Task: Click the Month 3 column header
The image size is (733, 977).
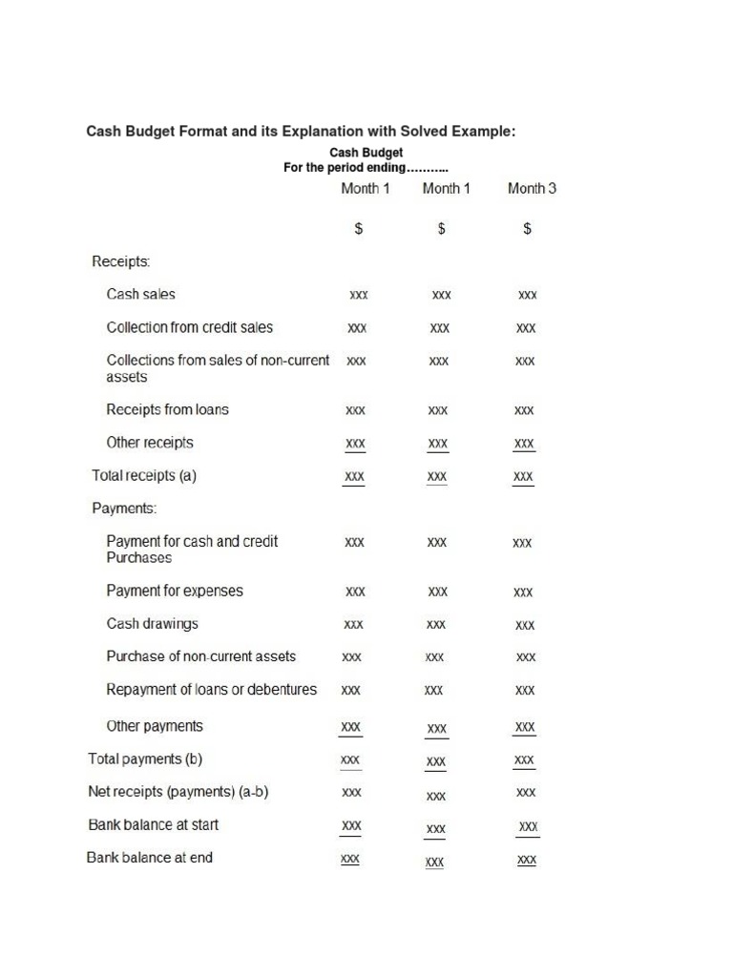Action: click(532, 188)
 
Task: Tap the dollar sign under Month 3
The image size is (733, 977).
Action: click(527, 229)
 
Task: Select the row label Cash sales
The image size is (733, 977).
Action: click(140, 295)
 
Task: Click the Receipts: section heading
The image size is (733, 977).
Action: click(120, 261)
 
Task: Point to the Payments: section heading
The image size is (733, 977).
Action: click(124, 509)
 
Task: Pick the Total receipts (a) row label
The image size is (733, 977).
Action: click(144, 475)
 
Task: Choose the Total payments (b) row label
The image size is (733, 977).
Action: click(145, 759)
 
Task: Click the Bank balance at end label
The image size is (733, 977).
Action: click(150, 858)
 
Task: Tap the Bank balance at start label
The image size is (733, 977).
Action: click(153, 824)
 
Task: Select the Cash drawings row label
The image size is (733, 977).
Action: click(152, 624)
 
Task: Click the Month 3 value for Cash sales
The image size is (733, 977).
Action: click(527, 296)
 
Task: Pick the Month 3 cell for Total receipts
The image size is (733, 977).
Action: click(523, 476)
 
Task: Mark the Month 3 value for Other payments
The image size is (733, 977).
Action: click(525, 727)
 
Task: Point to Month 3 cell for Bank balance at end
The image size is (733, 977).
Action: click(526, 860)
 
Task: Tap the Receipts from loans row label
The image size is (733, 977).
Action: click(167, 410)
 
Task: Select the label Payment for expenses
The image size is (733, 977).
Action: click(175, 591)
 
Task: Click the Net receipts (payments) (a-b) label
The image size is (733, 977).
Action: click(178, 792)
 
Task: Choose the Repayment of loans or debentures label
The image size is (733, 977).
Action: click(211, 689)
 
